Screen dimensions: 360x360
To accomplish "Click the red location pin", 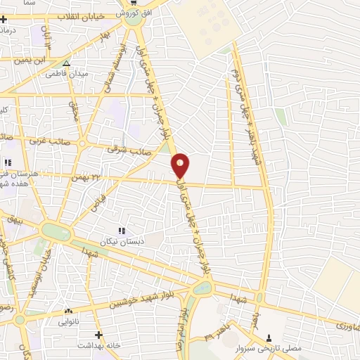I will pos(181,165).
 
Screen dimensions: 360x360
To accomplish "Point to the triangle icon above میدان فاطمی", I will pos(66,63).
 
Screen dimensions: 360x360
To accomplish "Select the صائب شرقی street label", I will pos(124,149).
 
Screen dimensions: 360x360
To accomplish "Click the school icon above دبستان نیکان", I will pos(122,230).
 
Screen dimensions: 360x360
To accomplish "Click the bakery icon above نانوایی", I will pos(68,311).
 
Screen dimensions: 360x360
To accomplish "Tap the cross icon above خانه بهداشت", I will pos(98,335).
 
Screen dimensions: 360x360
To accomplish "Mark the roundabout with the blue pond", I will pos(202,287).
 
